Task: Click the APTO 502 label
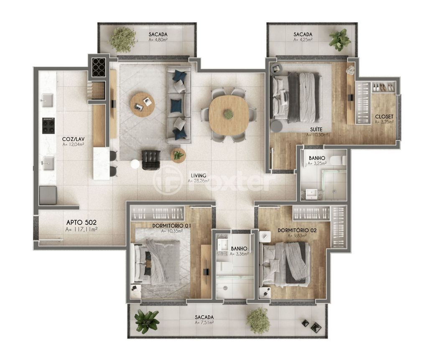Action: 82,222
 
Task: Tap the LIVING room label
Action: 199,175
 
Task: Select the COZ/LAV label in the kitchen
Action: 73,139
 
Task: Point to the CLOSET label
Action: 384,117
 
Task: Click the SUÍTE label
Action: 316,129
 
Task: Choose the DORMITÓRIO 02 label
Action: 297,230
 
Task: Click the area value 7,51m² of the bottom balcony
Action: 204,323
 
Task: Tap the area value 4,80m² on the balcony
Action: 158,40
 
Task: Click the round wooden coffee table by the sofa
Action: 143,105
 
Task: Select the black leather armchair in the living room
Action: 151,160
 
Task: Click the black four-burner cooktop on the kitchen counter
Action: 48,126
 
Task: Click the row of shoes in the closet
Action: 383,87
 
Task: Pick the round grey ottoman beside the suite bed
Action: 276,125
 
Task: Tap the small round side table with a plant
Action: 178,156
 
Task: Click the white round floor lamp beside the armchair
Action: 135,164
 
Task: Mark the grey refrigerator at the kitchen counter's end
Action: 48,195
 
